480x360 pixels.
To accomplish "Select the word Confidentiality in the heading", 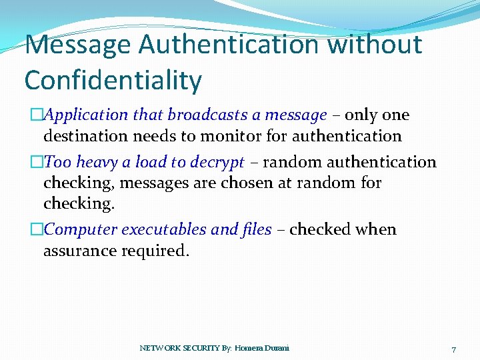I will tap(113, 81).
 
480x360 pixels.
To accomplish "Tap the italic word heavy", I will tap(97, 162).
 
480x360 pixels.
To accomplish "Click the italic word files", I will tap(255, 230).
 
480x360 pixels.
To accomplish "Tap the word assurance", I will tap(79, 251).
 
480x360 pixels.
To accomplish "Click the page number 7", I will tap(453, 349).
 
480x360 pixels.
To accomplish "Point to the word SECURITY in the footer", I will tap(196, 348).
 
